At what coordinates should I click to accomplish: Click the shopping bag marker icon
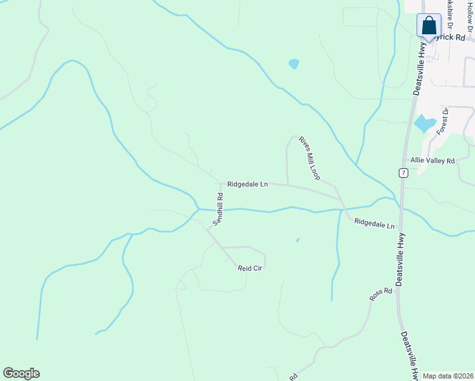tap(429, 26)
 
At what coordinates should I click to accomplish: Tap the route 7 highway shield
tap(403, 173)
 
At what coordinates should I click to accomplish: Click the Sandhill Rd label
tap(218, 209)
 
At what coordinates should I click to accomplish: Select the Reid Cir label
tap(250, 269)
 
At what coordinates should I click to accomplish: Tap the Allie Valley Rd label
tap(432, 161)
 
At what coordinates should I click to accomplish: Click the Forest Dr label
tap(443, 121)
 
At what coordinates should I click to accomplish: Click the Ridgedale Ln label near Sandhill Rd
tap(248, 184)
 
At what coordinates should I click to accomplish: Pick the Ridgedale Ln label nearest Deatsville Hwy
tap(374, 224)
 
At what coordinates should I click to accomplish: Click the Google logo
tap(21, 373)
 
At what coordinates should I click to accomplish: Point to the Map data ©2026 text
tap(448, 376)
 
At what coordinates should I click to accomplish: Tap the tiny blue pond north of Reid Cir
tap(297, 240)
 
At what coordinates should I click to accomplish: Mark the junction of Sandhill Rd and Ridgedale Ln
tap(220, 185)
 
